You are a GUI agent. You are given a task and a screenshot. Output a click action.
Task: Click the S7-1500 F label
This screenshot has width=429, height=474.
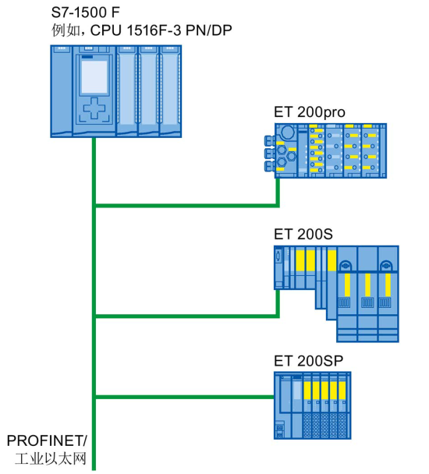click(85, 12)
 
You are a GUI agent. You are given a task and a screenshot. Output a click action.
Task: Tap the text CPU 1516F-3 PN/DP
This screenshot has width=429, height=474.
click(161, 30)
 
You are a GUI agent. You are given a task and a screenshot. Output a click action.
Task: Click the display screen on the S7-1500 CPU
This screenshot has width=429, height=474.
click(94, 76)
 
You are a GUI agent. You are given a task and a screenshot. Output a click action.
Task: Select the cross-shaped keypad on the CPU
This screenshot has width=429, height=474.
click(94, 108)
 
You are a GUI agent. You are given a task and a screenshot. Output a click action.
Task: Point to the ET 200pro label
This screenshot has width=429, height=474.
click(309, 112)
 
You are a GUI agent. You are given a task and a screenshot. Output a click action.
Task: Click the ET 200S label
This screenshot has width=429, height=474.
click(303, 235)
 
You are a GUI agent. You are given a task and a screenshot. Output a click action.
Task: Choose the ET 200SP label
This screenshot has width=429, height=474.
click(308, 361)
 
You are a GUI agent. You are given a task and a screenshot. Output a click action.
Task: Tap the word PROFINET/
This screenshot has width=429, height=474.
click(47, 440)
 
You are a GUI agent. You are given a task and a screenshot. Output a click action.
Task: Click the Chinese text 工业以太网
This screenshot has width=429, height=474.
click(51, 458)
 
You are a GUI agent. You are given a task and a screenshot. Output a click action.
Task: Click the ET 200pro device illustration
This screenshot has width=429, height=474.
click(325, 150)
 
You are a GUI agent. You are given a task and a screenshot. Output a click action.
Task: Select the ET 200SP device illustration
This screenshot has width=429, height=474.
click(313, 405)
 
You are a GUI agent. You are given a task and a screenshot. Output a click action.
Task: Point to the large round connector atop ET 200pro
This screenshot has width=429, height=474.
click(287, 132)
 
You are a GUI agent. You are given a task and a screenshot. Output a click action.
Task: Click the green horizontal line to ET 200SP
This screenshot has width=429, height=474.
click(185, 397)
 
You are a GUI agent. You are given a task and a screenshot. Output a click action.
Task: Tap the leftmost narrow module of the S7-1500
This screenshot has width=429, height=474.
click(62, 91)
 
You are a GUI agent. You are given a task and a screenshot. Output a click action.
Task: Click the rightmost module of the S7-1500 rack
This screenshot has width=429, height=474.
click(170, 91)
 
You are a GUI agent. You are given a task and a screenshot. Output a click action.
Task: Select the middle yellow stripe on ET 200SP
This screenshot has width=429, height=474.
click(324, 391)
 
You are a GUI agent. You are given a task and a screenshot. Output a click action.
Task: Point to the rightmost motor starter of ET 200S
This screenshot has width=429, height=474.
click(388, 294)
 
